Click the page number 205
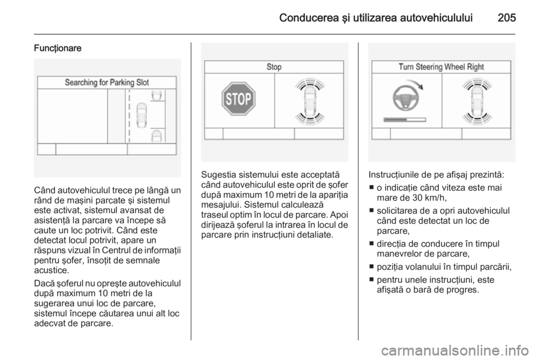click(507, 17)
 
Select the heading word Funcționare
click(58, 48)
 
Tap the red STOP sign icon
click(239, 99)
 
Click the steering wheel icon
click(406, 99)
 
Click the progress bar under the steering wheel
click(405, 120)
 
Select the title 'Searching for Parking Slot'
click(106, 82)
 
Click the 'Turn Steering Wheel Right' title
click(441, 67)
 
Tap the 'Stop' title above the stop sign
click(274, 67)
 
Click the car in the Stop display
click(309, 100)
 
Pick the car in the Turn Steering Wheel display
click(477, 100)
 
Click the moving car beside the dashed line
click(142, 116)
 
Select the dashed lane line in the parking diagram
click(129, 116)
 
